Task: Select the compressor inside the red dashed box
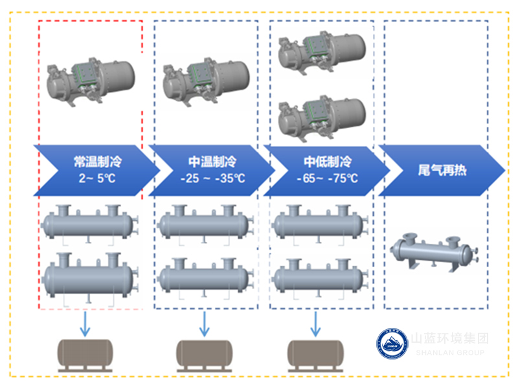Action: [91, 81]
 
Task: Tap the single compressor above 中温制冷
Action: [206, 81]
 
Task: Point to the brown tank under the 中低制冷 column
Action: [317, 354]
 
